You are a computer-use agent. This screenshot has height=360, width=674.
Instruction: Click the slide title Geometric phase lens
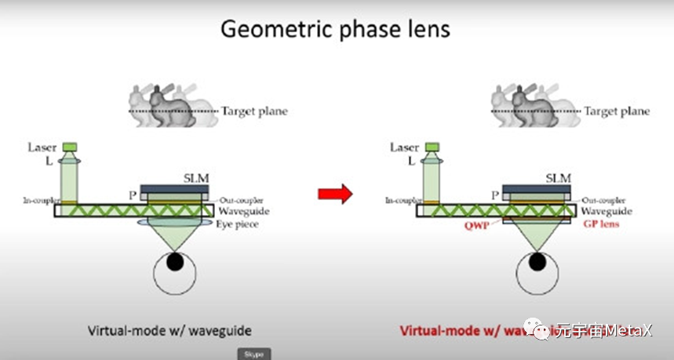point(335,29)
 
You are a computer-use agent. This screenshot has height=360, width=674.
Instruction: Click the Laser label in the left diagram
point(42,147)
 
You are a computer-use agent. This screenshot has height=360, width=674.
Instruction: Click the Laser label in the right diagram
point(404,147)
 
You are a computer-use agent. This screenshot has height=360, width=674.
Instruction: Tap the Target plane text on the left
point(254,111)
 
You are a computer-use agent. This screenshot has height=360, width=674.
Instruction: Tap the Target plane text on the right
point(617,111)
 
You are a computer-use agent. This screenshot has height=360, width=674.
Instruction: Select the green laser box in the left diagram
point(70,146)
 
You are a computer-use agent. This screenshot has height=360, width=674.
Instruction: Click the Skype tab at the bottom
point(254,354)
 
